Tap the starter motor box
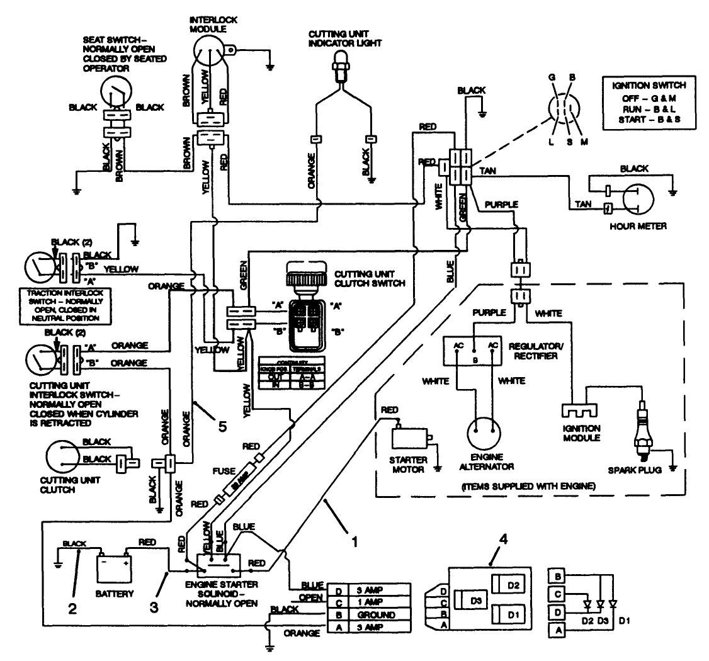[409, 438]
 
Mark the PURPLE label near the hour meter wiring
[501, 205]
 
